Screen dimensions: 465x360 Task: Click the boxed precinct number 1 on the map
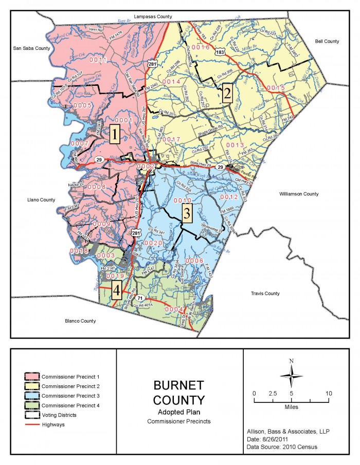[x=115, y=135]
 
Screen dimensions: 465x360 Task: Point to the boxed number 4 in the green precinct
[x=117, y=291]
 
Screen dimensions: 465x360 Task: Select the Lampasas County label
[x=152, y=17]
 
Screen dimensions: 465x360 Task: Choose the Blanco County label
[x=80, y=321]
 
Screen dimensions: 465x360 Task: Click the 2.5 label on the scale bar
[x=273, y=393]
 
